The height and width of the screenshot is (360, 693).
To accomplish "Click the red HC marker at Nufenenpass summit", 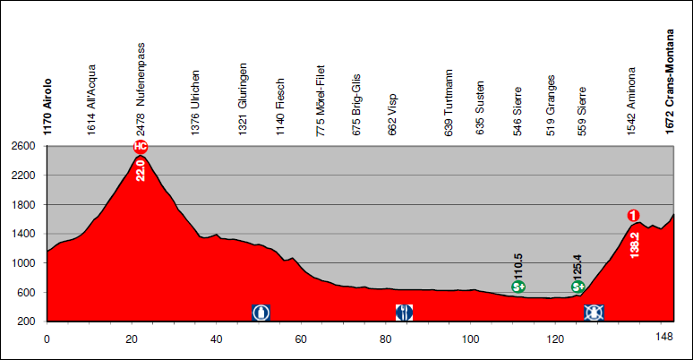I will tap(141, 147).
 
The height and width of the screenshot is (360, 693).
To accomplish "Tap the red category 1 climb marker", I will tap(633, 215).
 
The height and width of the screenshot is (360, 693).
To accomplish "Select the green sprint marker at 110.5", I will tap(518, 287).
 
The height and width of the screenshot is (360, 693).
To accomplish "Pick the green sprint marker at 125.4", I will tap(578, 287).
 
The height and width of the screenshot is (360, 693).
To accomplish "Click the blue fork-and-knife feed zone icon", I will tap(404, 312).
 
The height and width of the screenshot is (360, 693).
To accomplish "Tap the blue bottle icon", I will tap(261, 312).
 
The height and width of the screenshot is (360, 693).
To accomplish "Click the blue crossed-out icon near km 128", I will tap(593, 312).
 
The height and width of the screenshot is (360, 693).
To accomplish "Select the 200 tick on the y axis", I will tap(27, 321).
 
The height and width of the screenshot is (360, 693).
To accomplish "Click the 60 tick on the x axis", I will tap(301, 339).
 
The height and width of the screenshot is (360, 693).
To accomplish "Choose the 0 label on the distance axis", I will tap(47, 339).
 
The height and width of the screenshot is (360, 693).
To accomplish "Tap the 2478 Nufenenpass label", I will tap(141, 87).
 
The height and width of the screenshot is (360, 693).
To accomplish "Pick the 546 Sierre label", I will tap(518, 108).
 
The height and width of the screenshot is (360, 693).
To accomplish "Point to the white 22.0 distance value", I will tap(141, 168).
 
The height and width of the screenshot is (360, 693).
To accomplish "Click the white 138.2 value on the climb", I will tap(635, 244).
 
